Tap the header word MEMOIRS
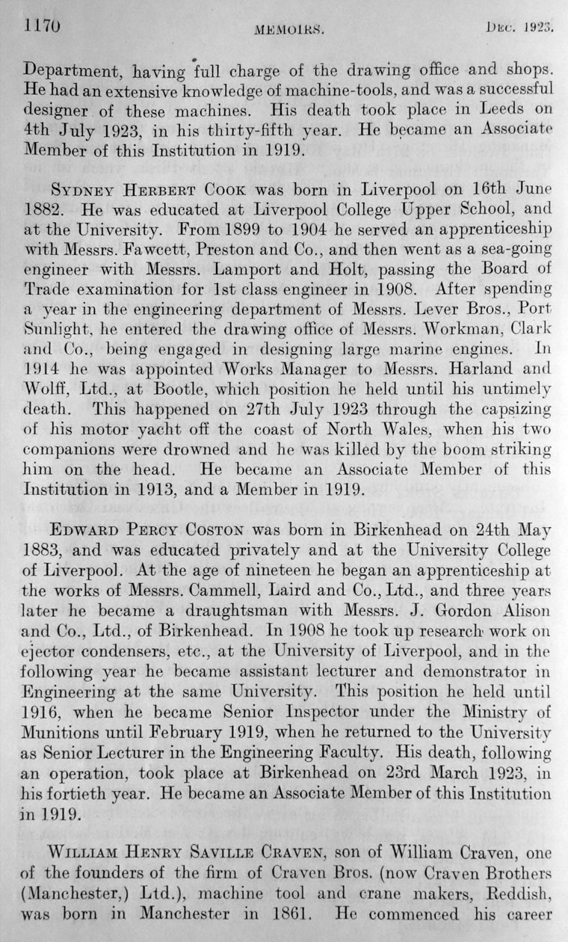click(x=288, y=31)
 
